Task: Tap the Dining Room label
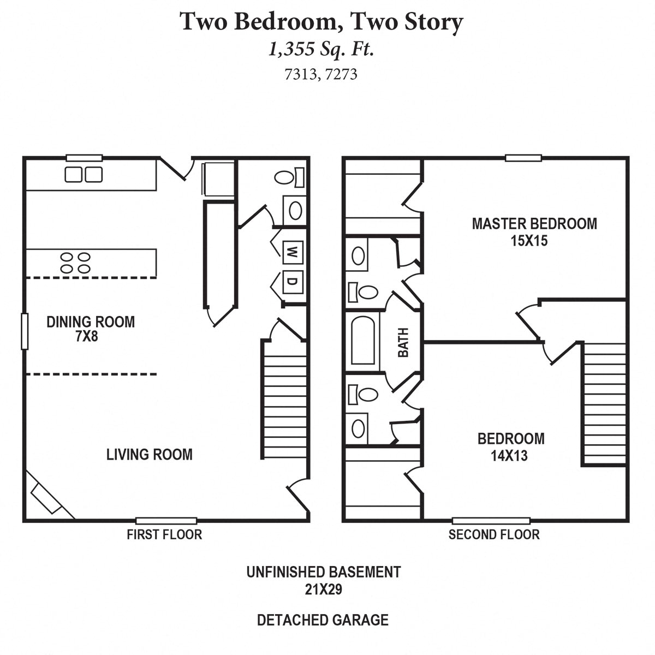(91, 322)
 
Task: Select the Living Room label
(149, 454)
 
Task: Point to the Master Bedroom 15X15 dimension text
(528, 241)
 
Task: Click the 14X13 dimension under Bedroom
(509, 456)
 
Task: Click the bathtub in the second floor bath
(362, 340)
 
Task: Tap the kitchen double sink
(84, 174)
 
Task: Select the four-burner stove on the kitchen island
(75, 263)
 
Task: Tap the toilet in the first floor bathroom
(289, 177)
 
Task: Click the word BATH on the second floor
(403, 342)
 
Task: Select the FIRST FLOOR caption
(164, 534)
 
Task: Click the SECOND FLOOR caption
(494, 534)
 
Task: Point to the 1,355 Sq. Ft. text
(321, 50)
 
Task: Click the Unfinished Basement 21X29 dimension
(323, 589)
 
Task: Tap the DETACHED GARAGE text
(323, 620)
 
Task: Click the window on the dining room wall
(24, 331)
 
